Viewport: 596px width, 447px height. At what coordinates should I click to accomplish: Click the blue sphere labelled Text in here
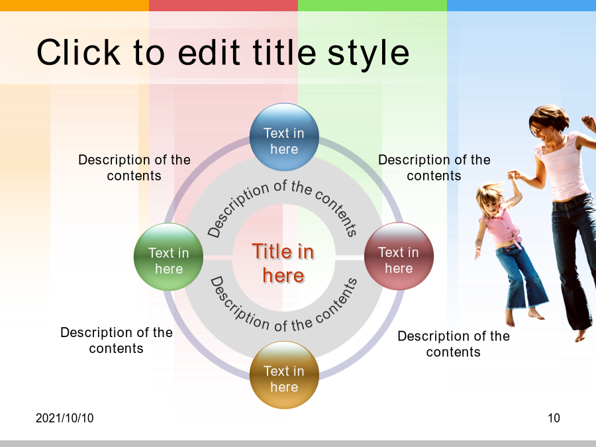(x=284, y=137)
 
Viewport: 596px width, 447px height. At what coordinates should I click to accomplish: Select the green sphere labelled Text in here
(x=169, y=257)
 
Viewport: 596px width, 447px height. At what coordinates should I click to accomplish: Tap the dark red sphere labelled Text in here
(x=399, y=256)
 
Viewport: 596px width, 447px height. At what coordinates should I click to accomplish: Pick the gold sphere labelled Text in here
(x=284, y=375)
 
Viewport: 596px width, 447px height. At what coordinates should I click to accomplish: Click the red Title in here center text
(x=283, y=263)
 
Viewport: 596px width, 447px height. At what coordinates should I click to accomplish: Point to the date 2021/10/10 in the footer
(x=65, y=418)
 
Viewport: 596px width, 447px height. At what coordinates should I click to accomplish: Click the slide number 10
(x=554, y=418)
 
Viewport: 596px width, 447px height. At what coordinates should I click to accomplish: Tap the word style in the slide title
(x=368, y=55)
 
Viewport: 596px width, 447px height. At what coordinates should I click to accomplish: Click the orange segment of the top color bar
(x=74, y=5)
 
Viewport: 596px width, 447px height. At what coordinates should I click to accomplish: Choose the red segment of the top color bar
(x=224, y=5)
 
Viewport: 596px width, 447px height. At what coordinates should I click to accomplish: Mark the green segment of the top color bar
(x=372, y=5)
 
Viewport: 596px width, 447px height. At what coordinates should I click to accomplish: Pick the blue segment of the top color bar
(x=522, y=5)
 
